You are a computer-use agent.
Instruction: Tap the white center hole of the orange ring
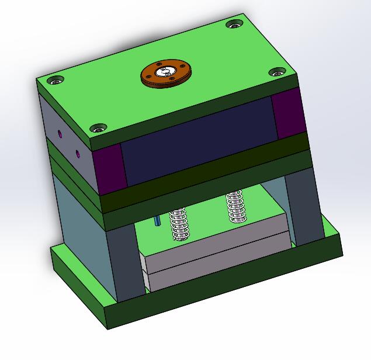(x=167, y=71)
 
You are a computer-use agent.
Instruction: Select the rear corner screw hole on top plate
(x=234, y=25)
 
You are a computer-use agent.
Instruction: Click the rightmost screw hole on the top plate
(x=276, y=73)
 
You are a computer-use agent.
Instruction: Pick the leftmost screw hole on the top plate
(x=55, y=80)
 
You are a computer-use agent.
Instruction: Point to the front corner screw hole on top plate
(x=98, y=127)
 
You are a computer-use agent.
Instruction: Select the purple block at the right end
(x=288, y=115)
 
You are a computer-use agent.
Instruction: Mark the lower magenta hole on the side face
(x=78, y=154)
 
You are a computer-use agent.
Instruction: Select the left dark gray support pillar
(x=124, y=263)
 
